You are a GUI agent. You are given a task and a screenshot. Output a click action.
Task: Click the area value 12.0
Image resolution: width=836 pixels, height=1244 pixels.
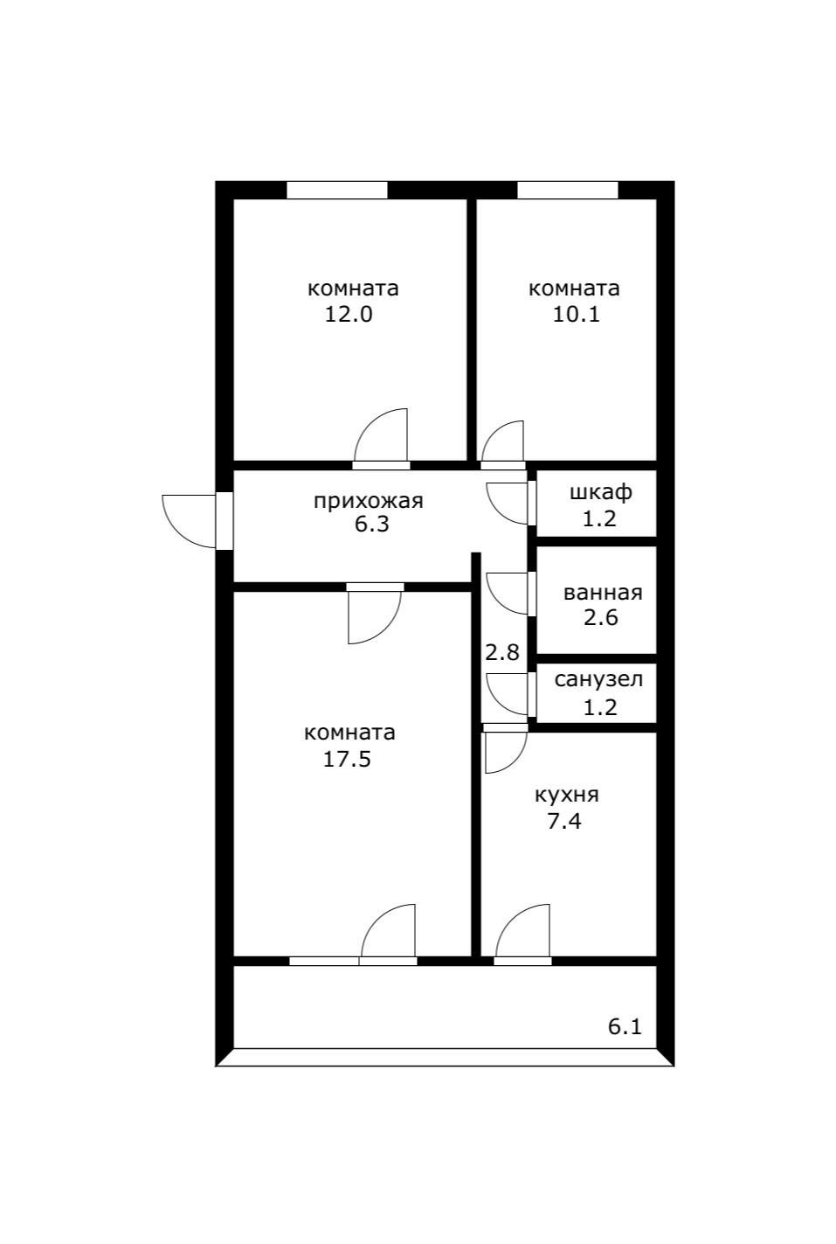tap(348, 315)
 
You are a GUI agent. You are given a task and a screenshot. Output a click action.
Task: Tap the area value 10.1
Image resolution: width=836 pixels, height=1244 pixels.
tap(577, 315)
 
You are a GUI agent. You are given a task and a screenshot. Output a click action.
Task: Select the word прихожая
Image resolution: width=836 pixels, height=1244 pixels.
tap(369, 501)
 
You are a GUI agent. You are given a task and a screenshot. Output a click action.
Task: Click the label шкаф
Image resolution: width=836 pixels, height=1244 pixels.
tap(601, 492)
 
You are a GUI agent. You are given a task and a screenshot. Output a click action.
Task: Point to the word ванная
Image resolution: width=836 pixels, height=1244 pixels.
tap(603, 593)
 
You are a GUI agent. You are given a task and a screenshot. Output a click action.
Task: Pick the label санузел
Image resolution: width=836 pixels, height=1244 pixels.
tap(598, 679)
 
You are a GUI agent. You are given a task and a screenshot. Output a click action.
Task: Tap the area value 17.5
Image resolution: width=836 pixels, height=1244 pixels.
tap(347, 759)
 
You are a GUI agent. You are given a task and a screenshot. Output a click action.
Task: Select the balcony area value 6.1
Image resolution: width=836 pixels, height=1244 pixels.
tap(625, 1027)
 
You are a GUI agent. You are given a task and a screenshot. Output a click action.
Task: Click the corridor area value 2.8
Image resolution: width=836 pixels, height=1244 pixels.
tap(502, 652)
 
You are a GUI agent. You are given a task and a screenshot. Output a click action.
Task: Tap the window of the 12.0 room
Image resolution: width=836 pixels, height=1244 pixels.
tap(337, 190)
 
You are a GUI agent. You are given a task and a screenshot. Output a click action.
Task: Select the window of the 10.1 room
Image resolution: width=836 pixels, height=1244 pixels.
tap(568, 190)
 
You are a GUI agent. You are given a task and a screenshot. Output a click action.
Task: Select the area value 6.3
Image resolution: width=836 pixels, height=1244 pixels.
tap(372, 525)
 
